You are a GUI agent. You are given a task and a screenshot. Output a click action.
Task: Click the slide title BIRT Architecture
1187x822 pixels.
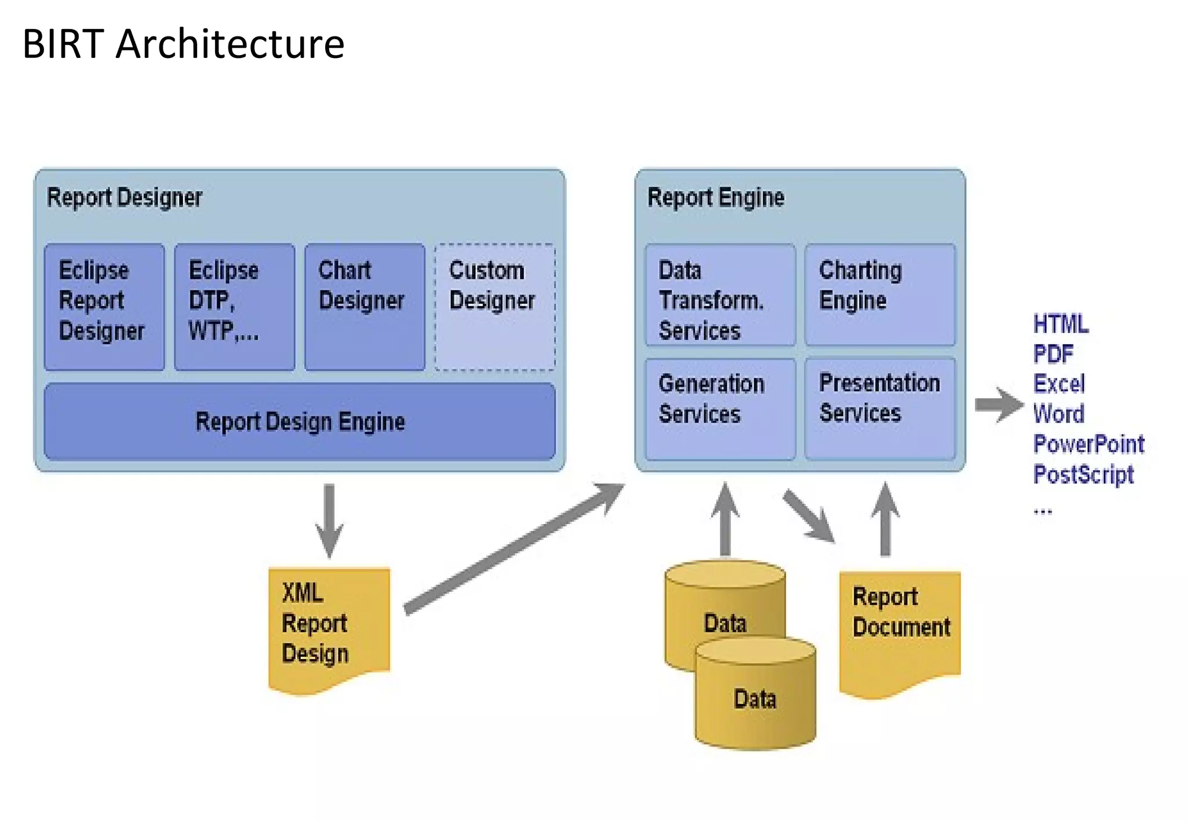tap(183, 44)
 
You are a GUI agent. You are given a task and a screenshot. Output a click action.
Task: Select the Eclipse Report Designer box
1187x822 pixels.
tap(104, 307)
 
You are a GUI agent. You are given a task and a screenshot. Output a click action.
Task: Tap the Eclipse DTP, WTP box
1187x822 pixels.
tap(234, 307)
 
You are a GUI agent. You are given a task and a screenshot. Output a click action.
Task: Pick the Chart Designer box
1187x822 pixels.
tap(365, 307)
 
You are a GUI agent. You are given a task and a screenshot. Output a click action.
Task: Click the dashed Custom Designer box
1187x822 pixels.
tap(495, 307)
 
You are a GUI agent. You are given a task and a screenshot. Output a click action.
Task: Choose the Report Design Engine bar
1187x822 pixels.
tap(300, 421)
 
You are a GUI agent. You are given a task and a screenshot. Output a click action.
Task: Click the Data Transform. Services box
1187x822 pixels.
tap(720, 296)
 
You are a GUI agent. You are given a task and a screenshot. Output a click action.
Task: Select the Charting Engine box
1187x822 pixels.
tap(880, 296)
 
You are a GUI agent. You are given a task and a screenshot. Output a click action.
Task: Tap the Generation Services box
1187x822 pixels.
tap(720, 409)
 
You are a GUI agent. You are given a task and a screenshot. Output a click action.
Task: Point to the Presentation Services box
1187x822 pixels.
tap(880, 409)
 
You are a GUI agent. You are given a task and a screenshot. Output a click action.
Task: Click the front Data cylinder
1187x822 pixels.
tap(755, 696)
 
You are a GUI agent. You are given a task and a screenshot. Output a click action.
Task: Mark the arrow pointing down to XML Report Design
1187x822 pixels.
tap(329, 519)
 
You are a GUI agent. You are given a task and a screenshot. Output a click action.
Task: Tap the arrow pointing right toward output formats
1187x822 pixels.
tap(998, 404)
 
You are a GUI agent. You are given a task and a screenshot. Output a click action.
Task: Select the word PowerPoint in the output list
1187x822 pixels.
tap(1088, 444)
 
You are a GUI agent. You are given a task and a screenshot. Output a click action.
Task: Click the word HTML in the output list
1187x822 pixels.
tap(1061, 323)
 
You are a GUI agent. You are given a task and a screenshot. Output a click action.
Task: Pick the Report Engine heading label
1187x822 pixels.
tap(715, 198)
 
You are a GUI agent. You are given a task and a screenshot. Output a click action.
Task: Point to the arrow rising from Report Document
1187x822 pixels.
tap(885, 519)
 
